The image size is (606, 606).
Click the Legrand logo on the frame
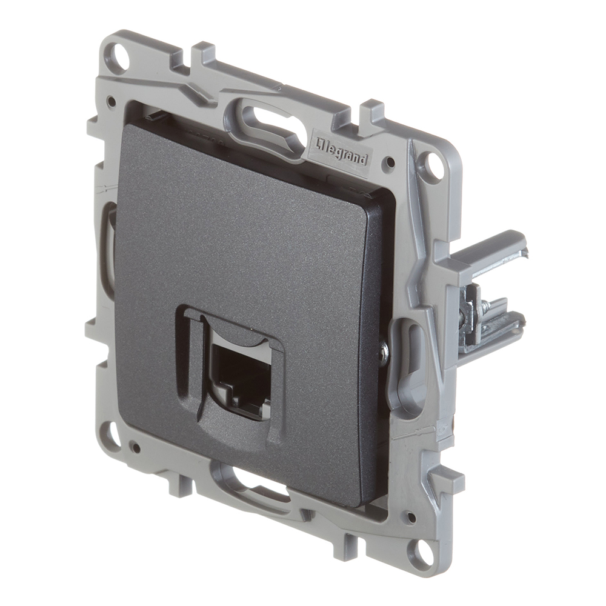point(339,154)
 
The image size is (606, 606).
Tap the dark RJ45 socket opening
point(235,371)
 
